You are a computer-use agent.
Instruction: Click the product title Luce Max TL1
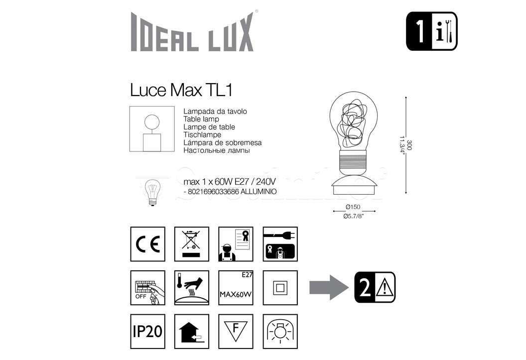pos(181,90)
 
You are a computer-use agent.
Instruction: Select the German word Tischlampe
pos(202,135)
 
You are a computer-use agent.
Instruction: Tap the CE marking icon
pos(147,244)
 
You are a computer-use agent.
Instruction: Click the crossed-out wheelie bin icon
pos(192,244)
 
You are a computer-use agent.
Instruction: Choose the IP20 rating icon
pos(147,332)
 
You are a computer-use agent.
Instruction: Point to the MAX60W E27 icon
pos(236,288)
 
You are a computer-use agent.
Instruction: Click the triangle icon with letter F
pos(236,332)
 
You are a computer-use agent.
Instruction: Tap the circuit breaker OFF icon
pos(147,288)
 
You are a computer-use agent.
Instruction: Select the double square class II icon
pos(280,288)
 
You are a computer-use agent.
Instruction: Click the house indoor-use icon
pos(192,332)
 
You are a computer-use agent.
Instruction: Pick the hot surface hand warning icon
pos(192,288)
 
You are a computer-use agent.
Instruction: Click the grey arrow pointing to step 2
pos(329,287)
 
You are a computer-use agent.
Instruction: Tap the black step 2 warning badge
pos(375,287)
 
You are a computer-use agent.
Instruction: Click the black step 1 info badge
pos(432,31)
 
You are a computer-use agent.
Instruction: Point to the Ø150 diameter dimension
pos(353,207)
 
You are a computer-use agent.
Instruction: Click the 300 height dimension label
pos(409,145)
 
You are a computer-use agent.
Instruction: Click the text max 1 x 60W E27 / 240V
pos(230,182)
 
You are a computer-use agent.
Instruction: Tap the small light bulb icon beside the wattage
pos(152,192)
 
